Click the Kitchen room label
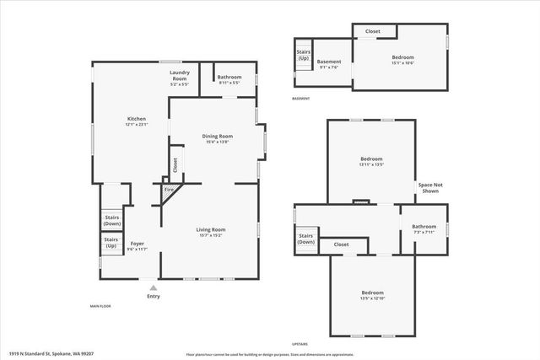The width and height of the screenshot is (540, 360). (137, 121)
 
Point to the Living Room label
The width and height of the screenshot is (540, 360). (211, 232)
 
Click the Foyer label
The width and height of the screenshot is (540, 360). (137, 245)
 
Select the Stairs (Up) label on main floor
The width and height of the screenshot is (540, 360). (111, 242)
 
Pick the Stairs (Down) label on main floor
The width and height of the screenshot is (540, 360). (111, 219)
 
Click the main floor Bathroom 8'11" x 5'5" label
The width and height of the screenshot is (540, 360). (230, 79)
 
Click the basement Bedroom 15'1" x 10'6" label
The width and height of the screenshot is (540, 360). (402, 60)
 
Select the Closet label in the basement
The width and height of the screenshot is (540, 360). (372, 31)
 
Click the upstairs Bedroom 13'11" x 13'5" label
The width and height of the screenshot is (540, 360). (372, 161)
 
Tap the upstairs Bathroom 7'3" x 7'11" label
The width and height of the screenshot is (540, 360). (424, 228)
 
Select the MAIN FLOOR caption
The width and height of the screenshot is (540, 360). (100, 306)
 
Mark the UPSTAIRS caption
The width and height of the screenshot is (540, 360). (300, 344)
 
